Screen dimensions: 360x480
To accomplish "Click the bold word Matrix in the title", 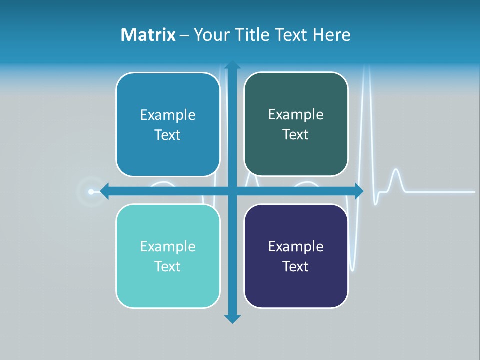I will click(x=148, y=35).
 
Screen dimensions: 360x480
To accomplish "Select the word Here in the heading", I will click(x=332, y=35).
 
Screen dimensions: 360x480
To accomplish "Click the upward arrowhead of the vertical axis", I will click(x=232, y=65).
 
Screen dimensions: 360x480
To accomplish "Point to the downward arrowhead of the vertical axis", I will click(x=232, y=319).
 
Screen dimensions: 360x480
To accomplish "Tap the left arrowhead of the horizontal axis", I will click(x=104, y=191).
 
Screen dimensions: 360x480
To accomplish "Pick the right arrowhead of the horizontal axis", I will click(x=359, y=191).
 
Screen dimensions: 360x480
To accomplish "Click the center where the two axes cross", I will click(x=232, y=191).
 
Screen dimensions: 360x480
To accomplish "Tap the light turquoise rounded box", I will click(x=168, y=285).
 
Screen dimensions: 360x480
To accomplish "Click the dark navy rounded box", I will click(x=296, y=285).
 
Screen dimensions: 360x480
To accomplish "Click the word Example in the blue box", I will click(x=168, y=115).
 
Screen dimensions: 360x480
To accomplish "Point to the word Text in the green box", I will click(x=296, y=135).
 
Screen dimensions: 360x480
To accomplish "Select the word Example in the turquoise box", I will click(x=168, y=247).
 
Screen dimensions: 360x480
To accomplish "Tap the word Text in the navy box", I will click(x=296, y=266).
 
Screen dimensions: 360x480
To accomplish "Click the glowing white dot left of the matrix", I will click(x=91, y=191).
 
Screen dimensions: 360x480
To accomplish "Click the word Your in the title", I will click(x=210, y=35).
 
